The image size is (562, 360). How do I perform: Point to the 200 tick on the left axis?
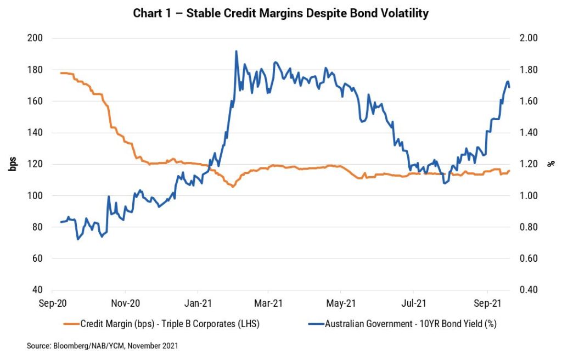pyautogui.click(x=36, y=38)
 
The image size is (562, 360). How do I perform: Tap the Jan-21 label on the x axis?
pyautogui.click(x=197, y=302)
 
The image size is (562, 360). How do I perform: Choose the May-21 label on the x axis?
pyautogui.click(x=341, y=302)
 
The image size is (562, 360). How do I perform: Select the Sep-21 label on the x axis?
pyautogui.click(x=487, y=302)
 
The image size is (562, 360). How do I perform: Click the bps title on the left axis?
pyautogui.click(x=12, y=164)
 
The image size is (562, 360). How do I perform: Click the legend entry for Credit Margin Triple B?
pyautogui.click(x=170, y=324)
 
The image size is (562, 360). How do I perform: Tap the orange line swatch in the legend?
pyautogui.click(x=71, y=324)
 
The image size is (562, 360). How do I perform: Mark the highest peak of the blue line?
pyautogui.click(x=236, y=51)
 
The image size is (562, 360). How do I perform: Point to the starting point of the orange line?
pyautogui.click(x=60, y=73)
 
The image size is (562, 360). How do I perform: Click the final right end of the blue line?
pyautogui.click(x=509, y=87)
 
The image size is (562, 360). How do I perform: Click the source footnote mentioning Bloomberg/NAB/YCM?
pyautogui.click(x=102, y=346)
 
